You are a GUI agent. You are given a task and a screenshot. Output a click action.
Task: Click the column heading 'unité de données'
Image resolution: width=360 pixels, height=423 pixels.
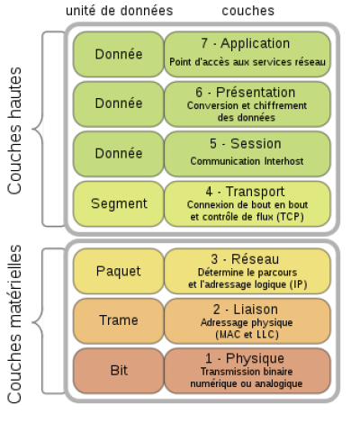click(120, 11)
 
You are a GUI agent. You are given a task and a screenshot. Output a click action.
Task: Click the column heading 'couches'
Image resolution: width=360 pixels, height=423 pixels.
click(248, 11)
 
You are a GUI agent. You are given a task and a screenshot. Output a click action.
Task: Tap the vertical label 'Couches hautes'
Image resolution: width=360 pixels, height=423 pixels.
click(14, 130)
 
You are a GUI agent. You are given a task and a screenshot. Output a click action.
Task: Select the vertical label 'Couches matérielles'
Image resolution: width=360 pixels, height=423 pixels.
click(14, 324)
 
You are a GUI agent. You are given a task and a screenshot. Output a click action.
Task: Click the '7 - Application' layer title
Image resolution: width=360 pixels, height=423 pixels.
click(246, 43)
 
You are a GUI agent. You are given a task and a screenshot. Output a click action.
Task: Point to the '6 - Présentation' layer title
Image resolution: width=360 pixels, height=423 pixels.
click(246, 92)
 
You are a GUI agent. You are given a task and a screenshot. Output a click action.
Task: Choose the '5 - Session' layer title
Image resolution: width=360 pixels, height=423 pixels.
click(246, 143)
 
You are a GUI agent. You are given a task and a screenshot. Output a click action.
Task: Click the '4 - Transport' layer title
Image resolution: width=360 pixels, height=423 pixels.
click(246, 192)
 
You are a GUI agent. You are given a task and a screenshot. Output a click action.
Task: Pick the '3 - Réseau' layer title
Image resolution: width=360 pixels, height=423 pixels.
click(245, 259)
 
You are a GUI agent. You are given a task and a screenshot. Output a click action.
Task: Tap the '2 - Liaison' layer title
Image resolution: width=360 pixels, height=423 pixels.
click(246, 310)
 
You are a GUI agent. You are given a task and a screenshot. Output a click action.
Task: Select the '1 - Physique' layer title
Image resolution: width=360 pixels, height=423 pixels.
click(245, 358)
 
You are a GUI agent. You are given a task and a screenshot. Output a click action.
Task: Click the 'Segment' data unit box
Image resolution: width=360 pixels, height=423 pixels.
click(119, 203)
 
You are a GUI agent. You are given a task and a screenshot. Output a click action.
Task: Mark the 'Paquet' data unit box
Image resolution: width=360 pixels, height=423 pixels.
click(119, 271)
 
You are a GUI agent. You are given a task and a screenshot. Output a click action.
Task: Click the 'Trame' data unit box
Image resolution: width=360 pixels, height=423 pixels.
click(119, 321)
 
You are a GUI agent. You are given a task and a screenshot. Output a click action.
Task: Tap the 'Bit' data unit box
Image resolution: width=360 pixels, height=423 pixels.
click(119, 371)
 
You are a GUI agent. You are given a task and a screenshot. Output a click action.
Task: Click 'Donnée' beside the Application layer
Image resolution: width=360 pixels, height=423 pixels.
click(119, 54)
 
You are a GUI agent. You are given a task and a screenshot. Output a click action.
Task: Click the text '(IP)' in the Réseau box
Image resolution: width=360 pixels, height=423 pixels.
click(299, 284)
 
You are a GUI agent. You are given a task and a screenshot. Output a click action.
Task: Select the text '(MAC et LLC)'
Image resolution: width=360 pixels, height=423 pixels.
click(247, 334)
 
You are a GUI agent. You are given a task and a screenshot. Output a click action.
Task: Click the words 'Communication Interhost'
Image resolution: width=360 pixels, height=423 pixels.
click(247, 161)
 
